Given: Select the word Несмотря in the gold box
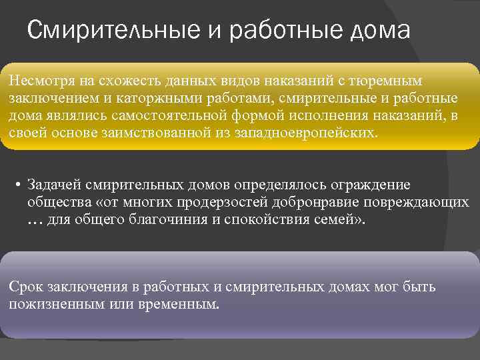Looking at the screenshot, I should click(37, 81).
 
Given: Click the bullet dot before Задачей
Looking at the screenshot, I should click(21, 185).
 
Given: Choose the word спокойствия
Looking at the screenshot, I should click(279, 219).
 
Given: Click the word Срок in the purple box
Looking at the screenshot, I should click(25, 287).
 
